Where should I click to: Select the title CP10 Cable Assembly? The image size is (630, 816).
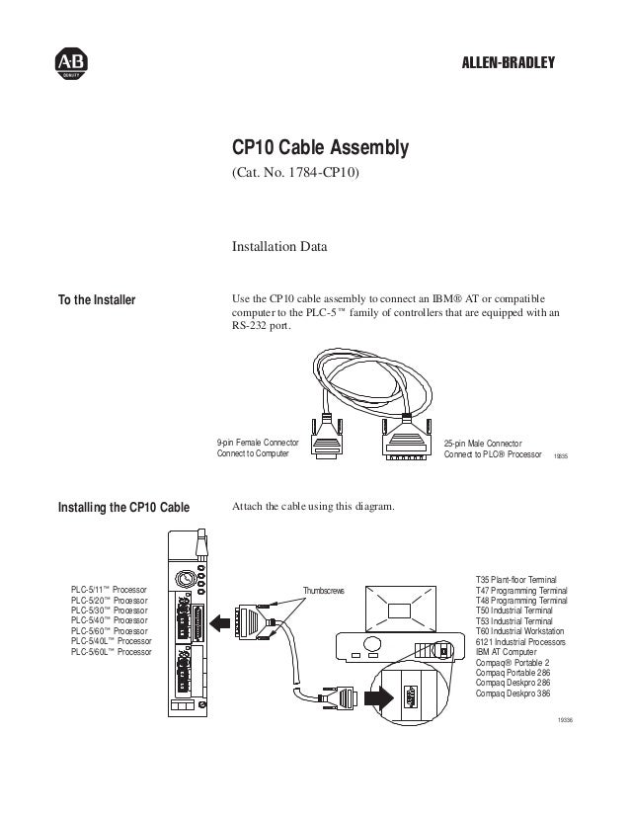(x=319, y=148)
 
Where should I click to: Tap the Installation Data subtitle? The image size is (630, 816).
(x=279, y=244)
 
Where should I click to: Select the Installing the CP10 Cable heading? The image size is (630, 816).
(x=124, y=509)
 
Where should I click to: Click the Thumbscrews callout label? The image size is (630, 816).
(x=325, y=591)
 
